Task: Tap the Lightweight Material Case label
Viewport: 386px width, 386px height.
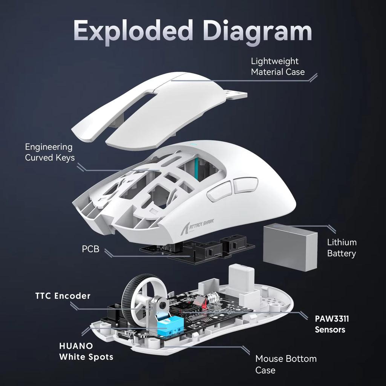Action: [x=277, y=66]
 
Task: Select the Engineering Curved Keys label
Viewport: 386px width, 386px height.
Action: [x=50, y=152]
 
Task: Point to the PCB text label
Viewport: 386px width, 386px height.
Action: [x=90, y=249]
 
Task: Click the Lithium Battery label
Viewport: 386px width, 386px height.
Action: [x=341, y=248]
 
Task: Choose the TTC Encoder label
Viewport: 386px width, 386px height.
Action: [x=63, y=296]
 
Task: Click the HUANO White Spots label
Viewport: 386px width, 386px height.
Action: [x=86, y=351]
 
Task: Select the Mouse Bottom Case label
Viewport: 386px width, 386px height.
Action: [x=286, y=364]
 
